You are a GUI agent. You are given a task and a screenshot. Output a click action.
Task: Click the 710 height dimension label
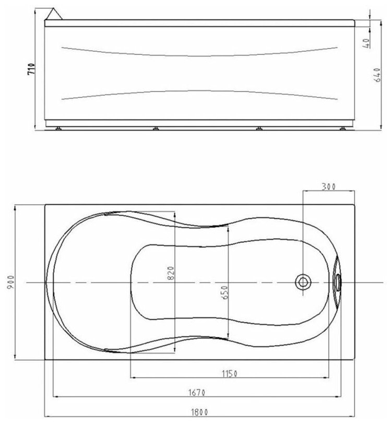coord(32,69)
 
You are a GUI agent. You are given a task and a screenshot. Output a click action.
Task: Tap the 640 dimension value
coord(378,75)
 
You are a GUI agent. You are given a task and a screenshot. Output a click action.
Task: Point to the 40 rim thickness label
coord(366,43)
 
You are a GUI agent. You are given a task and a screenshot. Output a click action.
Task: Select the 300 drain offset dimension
coord(328,186)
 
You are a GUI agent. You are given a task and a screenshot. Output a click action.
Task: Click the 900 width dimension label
coord(10,282)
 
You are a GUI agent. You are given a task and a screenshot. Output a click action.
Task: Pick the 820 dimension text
coord(171,273)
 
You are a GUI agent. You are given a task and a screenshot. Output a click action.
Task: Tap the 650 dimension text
coord(224,292)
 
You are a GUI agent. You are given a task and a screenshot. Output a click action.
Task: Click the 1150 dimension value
coord(230,374)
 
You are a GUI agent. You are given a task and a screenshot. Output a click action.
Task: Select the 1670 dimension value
coord(197,392)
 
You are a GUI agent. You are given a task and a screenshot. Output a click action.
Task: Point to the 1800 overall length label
coord(200,413)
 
